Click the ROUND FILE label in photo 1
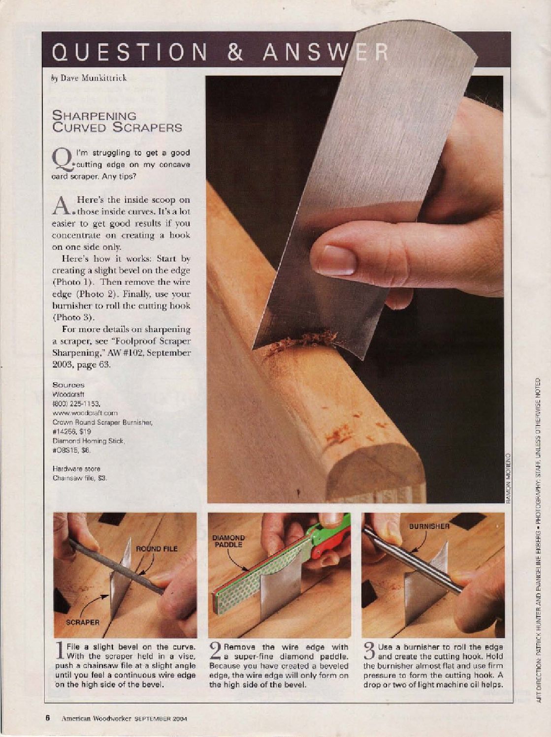(157, 549)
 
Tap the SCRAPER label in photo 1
(83, 622)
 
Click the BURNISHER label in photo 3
(429, 527)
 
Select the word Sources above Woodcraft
(68, 385)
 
